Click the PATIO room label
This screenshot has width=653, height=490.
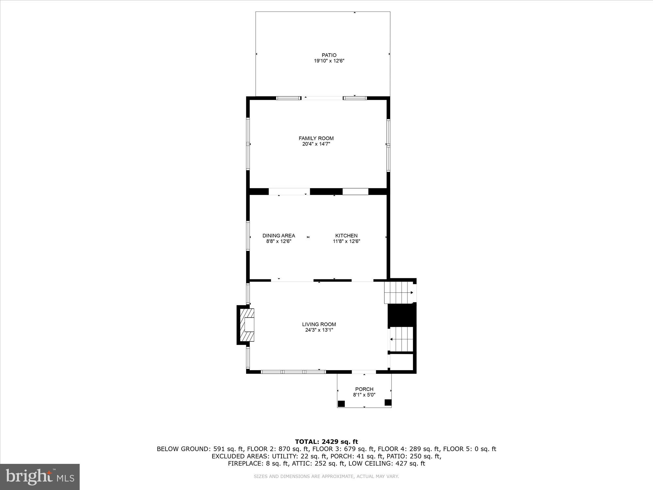click(x=329, y=55)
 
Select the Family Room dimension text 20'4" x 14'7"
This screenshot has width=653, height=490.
click(x=316, y=144)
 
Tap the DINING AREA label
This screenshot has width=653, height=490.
click(x=279, y=236)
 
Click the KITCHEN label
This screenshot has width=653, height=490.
click(x=346, y=236)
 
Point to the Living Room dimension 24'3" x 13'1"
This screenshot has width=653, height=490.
click(x=319, y=330)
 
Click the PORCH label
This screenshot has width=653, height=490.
click(x=364, y=389)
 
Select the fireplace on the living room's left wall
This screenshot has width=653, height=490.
click(x=247, y=325)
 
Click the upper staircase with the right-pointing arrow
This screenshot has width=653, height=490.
click(x=399, y=292)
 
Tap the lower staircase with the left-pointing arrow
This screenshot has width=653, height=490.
click(x=402, y=339)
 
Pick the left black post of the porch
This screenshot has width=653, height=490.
click(x=341, y=404)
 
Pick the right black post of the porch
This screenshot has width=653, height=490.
click(x=388, y=402)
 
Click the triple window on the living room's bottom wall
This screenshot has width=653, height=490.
click(x=293, y=372)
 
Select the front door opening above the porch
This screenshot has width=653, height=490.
click(x=364, y=372)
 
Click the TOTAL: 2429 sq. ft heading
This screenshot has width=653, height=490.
click(x=326, y=442)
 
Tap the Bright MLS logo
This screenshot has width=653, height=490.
click(x=40, y=477)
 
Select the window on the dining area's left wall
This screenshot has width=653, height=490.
click(x=248, y=236)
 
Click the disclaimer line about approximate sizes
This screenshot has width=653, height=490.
click(x=326, y=477)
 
